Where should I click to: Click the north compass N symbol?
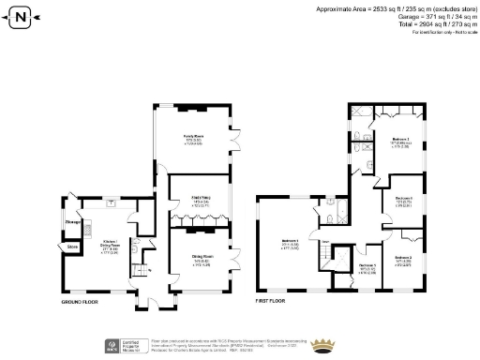click(22, 15)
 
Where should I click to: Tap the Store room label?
click(72, 247)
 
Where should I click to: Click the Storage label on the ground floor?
click(72, 222)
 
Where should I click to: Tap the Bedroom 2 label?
click(403, 259)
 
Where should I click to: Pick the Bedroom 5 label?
click(367, 268)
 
